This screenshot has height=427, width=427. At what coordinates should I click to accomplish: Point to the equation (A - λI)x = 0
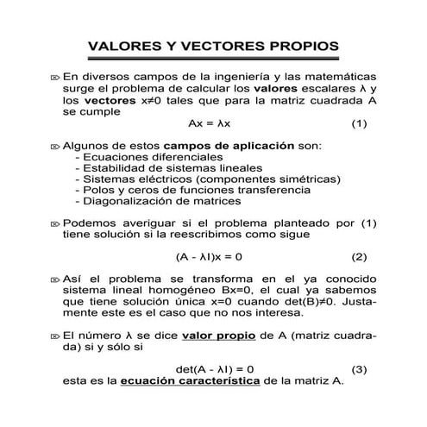tap(210, 257)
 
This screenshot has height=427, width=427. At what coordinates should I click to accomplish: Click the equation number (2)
tap(360, 257)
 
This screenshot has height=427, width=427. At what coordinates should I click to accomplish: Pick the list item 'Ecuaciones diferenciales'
tap(141, 158)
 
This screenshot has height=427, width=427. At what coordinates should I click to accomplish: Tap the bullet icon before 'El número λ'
tap(55, 335)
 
